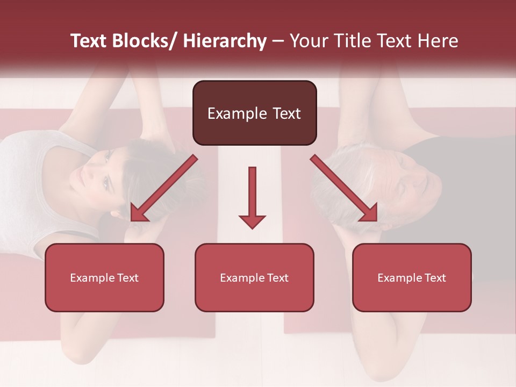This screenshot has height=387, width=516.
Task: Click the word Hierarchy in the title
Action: tap(225, 41)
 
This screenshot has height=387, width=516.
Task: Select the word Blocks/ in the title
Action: tap(144, 41)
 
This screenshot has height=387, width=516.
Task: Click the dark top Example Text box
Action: tap(254, 113)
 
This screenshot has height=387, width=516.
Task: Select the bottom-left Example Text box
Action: tap(104, 277)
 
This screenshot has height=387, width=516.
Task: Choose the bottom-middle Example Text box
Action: tap(254, 277)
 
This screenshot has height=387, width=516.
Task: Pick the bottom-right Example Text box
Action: tap(412, 277)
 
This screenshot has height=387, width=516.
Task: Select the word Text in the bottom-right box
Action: tap(435, 278)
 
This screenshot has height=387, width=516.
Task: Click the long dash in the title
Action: tap(278, 41)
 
